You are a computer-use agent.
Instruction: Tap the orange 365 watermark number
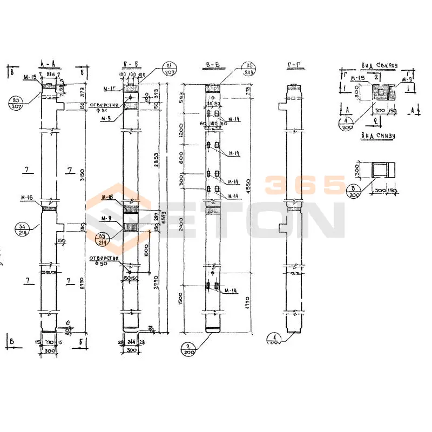point(304,185)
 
